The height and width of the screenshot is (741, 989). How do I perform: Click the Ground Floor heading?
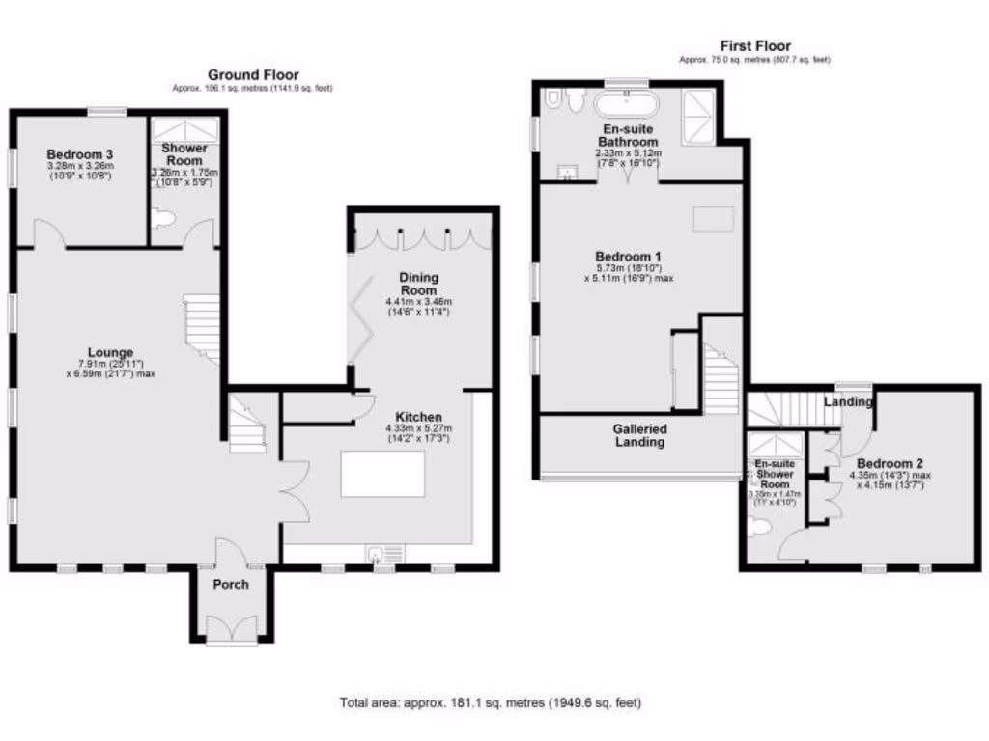[253, 74]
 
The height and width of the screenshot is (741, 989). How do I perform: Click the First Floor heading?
[754, 45]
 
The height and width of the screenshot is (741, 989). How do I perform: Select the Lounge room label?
[110, 352]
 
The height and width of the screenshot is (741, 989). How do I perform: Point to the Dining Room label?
[418, 284]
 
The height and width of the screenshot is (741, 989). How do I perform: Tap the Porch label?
[230, 584]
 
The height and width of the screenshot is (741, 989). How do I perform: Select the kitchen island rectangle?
[382, 474]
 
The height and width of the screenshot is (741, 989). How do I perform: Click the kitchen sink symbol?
[383, 553]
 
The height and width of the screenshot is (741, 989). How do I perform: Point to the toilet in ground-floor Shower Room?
[163, 220]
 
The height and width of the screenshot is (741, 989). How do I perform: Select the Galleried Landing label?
[639, 435]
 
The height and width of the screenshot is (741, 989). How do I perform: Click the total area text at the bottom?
[490, 702]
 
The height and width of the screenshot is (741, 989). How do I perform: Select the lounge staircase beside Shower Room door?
[202, 328]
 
